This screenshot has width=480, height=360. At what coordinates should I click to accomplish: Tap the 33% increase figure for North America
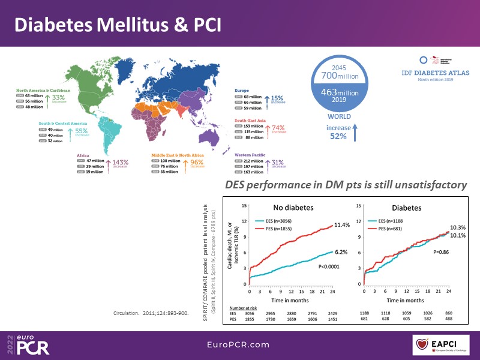pyautogui.click(x=58, y=97)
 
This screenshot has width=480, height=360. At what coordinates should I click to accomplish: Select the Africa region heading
pyautogui.click(x=83, y=154)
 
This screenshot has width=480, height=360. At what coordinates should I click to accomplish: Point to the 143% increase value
pyautogui.click(x=118, y=163)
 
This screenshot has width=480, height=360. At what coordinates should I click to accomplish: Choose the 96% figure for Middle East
pyautogui.click(x=196, y=163)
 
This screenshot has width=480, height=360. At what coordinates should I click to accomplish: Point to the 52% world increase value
pyautogui.click(x=340, y=136)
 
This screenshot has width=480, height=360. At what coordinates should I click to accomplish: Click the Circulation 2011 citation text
pyautogui.click(x=151, y=313)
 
